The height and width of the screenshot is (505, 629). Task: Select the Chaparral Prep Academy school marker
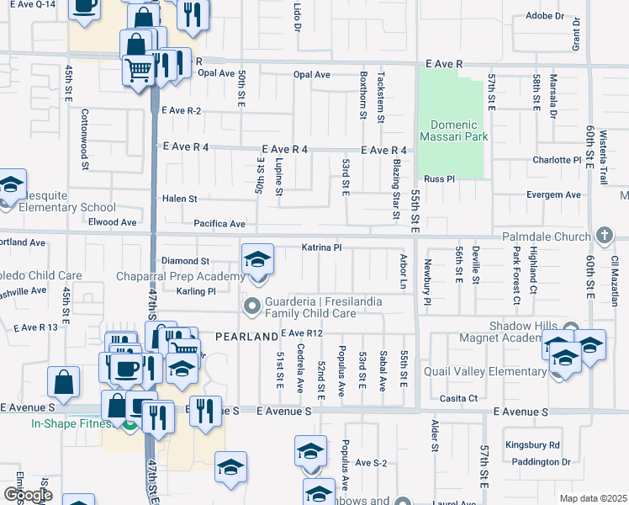coord(258,261)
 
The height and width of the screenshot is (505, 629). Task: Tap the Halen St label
coord(179,199)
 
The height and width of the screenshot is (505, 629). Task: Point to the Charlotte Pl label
coord(557,160)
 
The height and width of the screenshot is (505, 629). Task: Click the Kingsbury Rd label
coord(532,444)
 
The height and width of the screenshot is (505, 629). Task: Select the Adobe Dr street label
coord(544,16)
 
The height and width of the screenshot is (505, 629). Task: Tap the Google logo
coord(28,495)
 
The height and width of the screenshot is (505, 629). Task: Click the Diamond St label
coord(185,262)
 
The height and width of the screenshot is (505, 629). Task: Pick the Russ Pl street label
coord(439,179)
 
